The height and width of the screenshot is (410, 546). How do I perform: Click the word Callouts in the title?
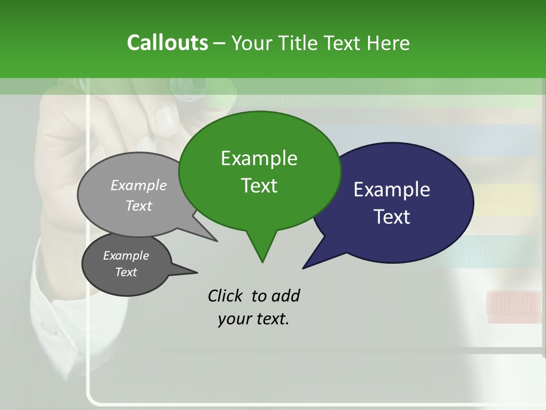tap(167, 43)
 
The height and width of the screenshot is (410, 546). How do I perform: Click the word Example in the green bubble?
tap(259, 158)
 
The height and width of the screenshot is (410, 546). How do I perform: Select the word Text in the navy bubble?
tap(392, 217)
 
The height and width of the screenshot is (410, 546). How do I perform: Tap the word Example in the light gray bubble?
tap(138, 185)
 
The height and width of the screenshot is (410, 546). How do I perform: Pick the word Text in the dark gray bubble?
tap(126, 272)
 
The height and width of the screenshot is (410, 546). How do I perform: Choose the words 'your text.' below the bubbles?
tap(254, 319)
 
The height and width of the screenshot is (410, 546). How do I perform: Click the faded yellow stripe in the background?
tap(506, 199)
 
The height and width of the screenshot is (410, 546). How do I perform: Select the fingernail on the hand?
tap(166, 118)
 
